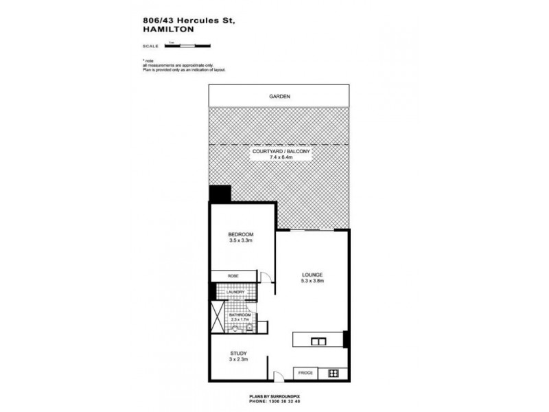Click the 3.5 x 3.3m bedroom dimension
point(241,241)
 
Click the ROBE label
point(233,276)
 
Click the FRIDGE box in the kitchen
point(306,374)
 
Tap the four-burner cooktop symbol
point(334,374)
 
